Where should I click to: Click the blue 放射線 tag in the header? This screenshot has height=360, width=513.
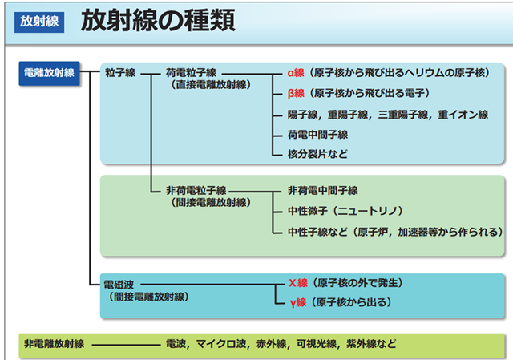[x=37, y=22]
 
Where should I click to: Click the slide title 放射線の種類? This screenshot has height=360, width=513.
[x=158, y=21]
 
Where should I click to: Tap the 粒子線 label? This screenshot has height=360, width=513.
[x=119, y=72]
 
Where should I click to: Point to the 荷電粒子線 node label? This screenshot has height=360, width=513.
[x=196, y=72]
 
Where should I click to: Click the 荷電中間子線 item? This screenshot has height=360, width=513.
[x=317, y=133]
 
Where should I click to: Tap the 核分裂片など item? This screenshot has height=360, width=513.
[x=317, y=153]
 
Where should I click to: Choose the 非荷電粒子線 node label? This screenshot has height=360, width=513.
[x=196, y=191]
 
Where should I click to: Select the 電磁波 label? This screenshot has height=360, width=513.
[x=119, y=284]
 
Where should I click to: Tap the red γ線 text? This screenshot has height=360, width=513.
[x=297, y=303]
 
